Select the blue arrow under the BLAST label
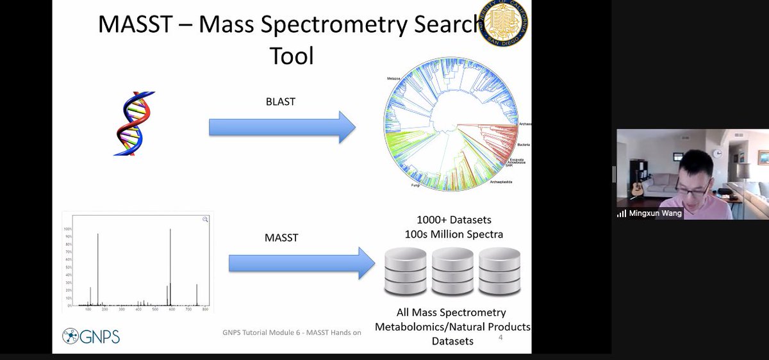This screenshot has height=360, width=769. click(x=282, y=127)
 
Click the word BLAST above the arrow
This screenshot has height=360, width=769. click(x=280, y=101)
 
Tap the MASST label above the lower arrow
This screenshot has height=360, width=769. click(x=281, y=238)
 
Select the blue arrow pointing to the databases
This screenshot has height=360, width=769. click(x=302, y=263)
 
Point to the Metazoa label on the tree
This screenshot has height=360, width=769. click(x=393, y=78)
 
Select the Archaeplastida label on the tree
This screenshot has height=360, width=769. click(x=501, y=182)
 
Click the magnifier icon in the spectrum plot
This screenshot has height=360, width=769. click(x=206, y=220)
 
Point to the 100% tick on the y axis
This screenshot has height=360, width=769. click(x=67, y=229)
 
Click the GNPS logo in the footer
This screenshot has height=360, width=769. click(x=91, y=336)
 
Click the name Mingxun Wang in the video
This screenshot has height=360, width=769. click(x=655, y=213)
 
